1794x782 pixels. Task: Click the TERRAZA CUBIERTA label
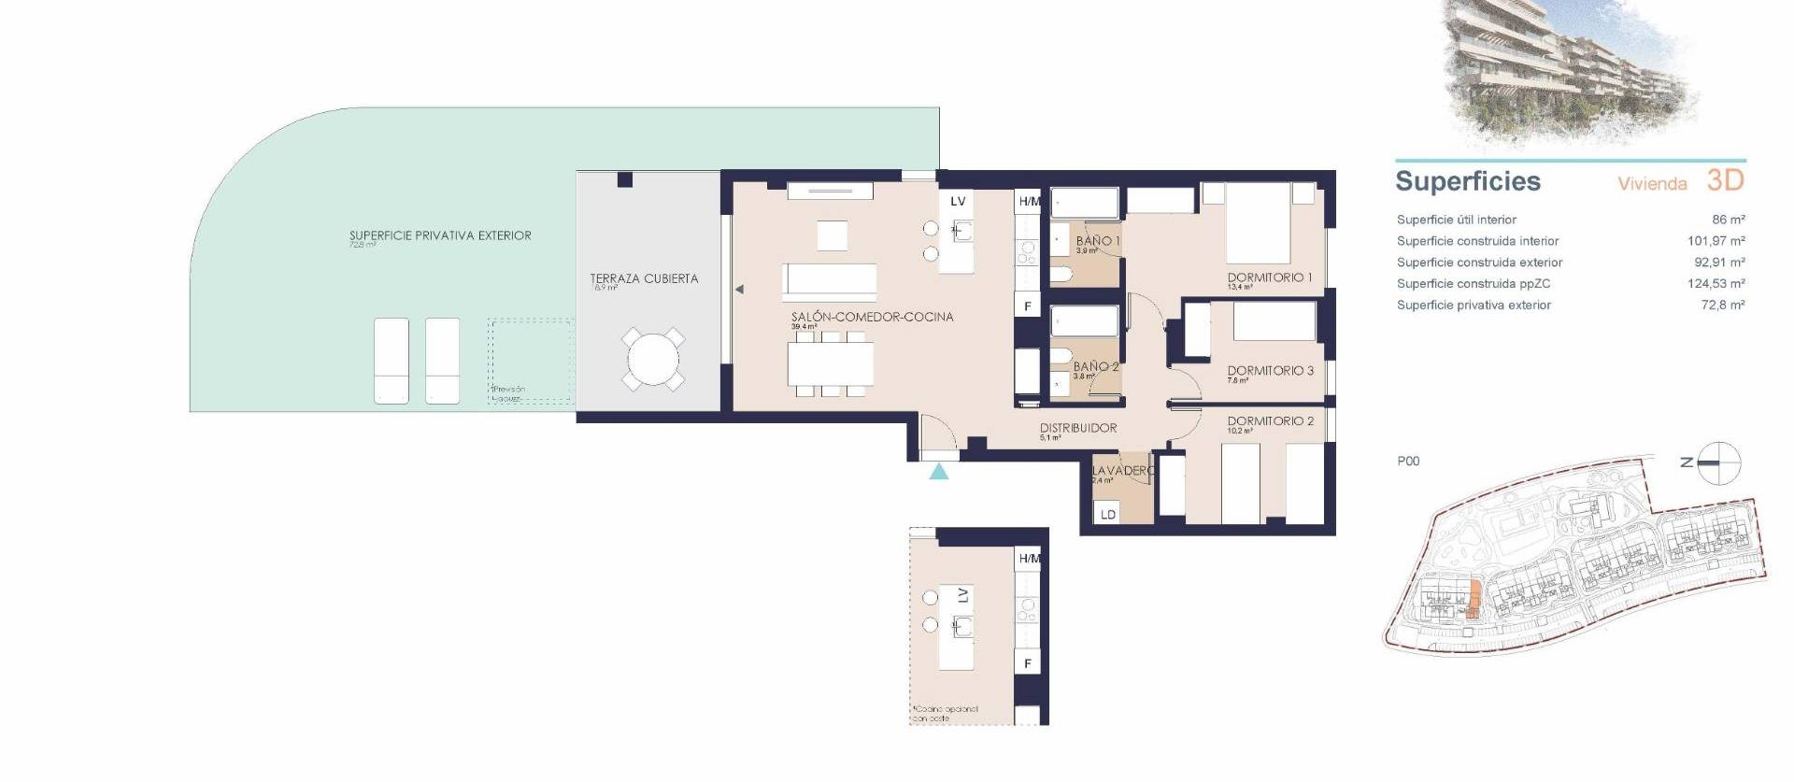pos(644,278)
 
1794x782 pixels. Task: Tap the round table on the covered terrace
pos(653,359)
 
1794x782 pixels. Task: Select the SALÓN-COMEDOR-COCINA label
pos(872,317)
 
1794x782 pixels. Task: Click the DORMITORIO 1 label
pos(1270,277)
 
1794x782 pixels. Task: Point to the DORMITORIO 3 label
pos(1270,371)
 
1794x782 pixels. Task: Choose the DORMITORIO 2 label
pos(1270,421)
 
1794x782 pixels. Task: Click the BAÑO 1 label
pos(1098,241)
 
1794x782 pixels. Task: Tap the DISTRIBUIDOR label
pos(1078,428)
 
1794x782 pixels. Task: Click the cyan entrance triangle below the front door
pos(939,472)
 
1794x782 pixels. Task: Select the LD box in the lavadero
pos(1108,514)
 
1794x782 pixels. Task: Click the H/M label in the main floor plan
pos(1029,201)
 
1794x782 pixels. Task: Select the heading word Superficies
pos(1467,181)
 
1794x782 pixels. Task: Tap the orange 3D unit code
pos(1725,180)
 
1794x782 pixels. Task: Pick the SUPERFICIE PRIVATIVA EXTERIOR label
pos(440,236)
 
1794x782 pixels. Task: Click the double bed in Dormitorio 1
pos(1258,223)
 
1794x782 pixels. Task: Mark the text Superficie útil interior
pos(1456,220)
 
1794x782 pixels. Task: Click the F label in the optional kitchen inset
pos(1028,663)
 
